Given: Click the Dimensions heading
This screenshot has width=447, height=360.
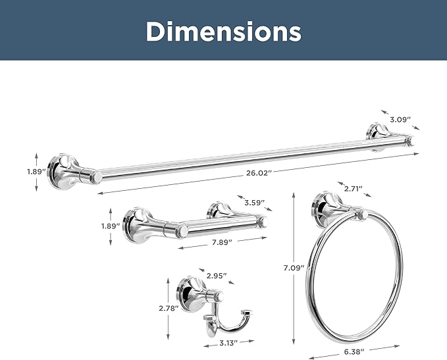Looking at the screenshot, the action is (x=224, y=32).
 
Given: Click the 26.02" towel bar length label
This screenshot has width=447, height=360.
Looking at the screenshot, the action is (x=257, y=173).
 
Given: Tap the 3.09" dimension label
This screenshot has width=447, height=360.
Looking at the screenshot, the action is (x=400, y=119).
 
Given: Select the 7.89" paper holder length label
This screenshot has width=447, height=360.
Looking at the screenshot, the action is (x=222, y=242).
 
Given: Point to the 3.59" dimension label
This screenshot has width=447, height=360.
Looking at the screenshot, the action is (x=255, y=203).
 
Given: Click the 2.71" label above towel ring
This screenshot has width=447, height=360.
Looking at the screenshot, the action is (x=354, y=188).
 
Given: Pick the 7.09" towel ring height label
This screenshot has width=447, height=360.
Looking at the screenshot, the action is (x=294, y=268).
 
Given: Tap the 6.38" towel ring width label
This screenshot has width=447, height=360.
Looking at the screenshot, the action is (x=354, y=351).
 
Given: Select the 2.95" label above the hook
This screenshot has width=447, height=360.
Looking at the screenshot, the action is (x=217, y=276).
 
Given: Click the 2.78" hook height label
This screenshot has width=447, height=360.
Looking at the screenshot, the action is (x=169, y=308).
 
